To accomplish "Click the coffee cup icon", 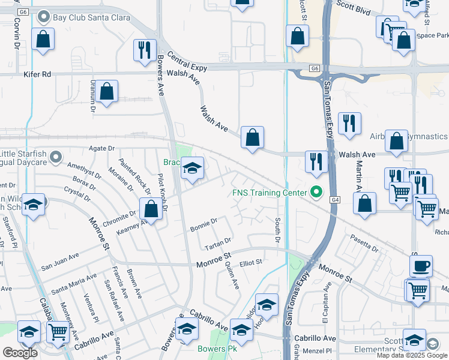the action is (x=421, y=265).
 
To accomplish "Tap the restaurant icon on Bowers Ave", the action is (x=144, y=50).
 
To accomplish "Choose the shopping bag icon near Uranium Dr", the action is (x=107, y=92).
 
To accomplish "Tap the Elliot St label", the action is (x=251, y=262).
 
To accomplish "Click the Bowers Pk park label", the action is (x=214, y=349).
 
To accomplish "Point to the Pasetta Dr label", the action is (x=364, y=245).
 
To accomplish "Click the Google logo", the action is (x=20, y=353).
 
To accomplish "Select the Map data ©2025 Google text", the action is (x=412, y=355).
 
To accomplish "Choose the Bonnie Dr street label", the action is (x=203, y=225).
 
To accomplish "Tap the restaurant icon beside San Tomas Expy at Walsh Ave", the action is (x=316, y=161).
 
